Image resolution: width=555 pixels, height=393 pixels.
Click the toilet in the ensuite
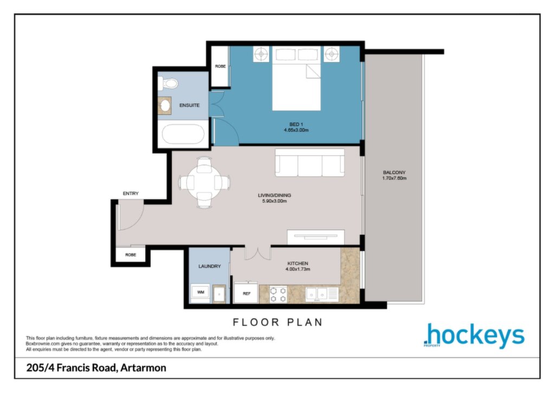[168, 84]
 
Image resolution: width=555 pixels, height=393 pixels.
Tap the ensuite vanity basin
[165, 106]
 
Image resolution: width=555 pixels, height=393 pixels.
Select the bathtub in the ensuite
[183, 134]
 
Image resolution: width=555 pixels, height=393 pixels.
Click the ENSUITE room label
[189, 105]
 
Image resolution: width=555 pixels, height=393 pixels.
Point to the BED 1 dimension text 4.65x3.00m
[296, 130]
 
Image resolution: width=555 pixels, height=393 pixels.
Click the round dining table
[204, 183]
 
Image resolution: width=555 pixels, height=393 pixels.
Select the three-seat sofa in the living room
[309, 163]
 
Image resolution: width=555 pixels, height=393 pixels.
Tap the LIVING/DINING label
[274, 195]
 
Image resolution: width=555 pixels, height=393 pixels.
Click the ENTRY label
[131, 193]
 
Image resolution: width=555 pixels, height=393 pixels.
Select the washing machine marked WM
[201, 293]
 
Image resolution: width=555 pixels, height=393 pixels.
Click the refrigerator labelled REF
[247, 293]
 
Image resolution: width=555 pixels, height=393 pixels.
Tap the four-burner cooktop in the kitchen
[278, 295]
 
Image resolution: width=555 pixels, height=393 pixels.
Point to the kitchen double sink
[317, 294]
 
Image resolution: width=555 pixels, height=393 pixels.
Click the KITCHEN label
[298, 263]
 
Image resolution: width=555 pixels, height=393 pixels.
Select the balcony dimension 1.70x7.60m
[394, 178]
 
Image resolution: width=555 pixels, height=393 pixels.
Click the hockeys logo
[474, 335]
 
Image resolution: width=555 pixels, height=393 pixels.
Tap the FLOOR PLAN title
[278, 322]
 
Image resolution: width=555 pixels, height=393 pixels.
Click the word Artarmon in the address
[143, 368]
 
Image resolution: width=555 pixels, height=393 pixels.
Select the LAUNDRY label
[210, 266]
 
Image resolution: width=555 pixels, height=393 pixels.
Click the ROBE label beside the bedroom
[220, 66]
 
